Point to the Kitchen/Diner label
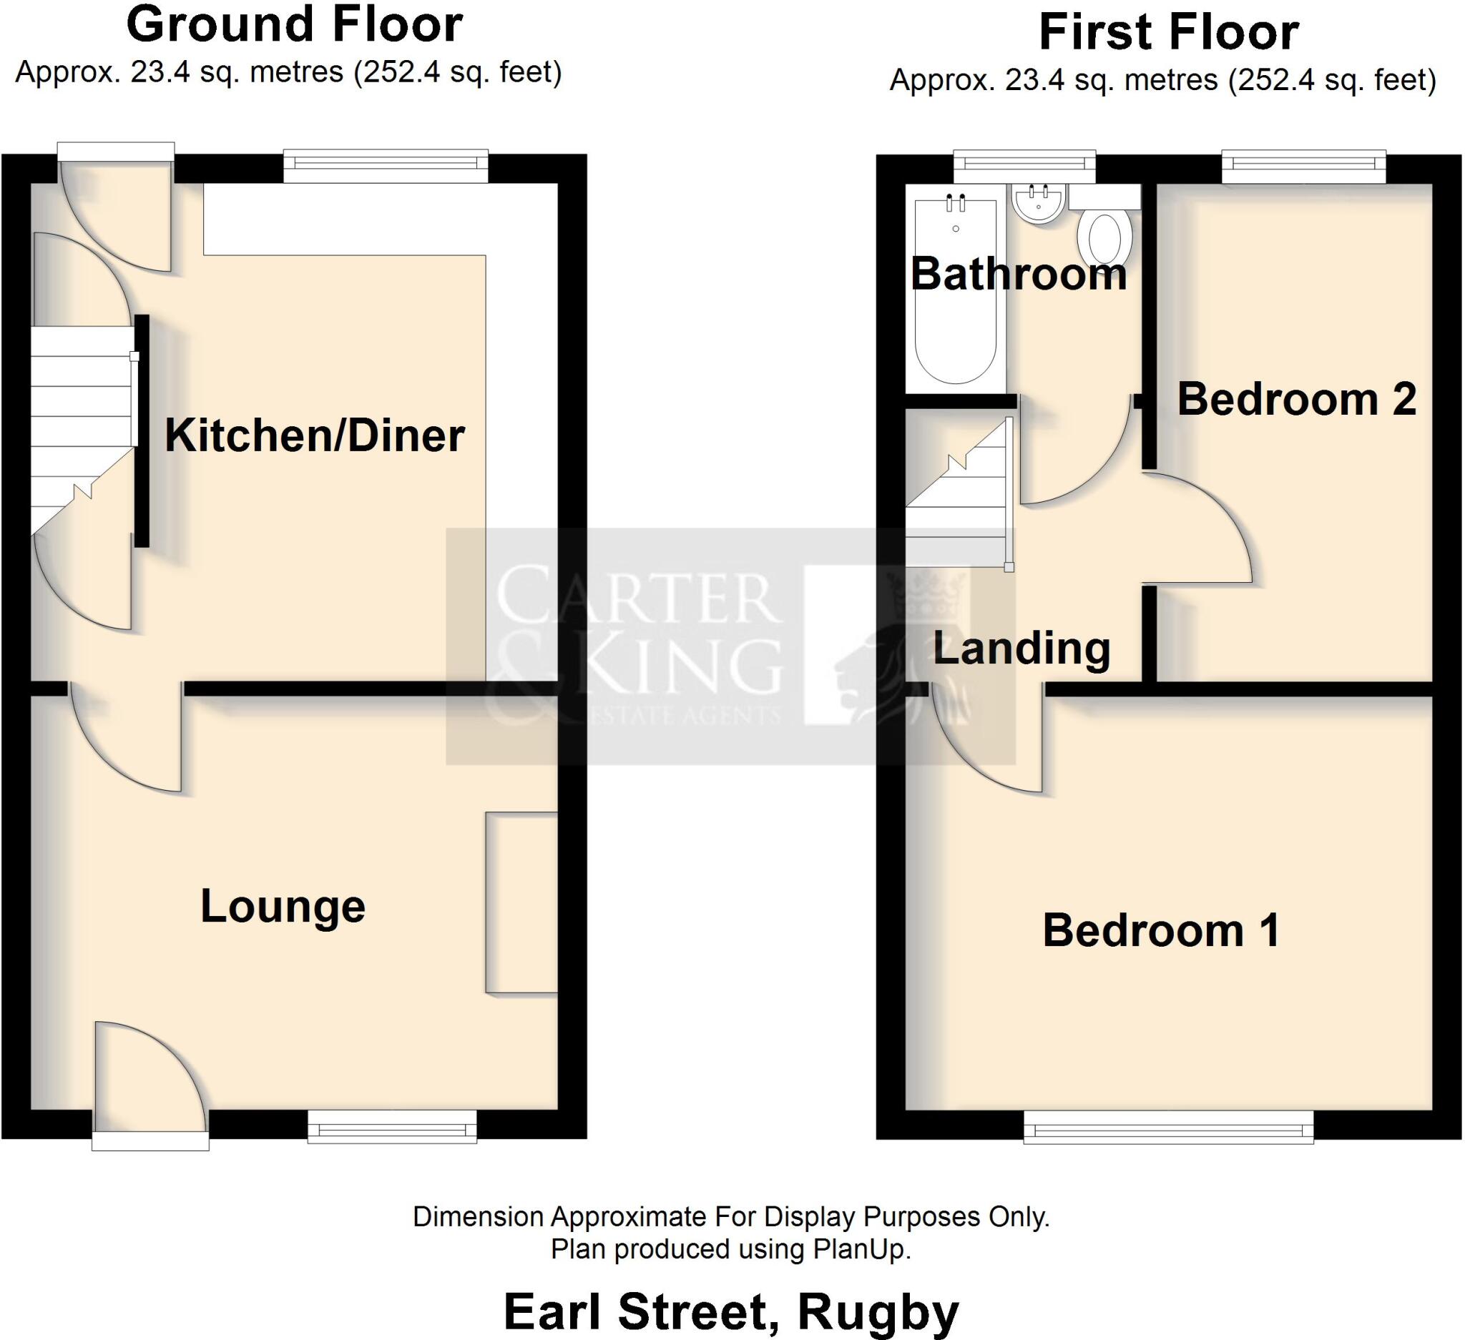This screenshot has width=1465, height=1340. (315, 435)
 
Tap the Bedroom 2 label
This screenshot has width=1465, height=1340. (1296, 400)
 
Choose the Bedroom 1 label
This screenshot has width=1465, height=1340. (1160, 930)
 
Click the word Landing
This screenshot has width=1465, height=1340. (1021, 648)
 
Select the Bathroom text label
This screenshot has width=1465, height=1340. (1018, 275)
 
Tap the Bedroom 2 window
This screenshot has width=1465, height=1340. (1303, 167)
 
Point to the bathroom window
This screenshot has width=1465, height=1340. (1024, 167)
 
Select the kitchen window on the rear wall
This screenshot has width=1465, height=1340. (385, 167)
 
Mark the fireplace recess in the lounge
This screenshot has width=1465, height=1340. (521, 902)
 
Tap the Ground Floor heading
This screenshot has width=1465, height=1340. (294, 26)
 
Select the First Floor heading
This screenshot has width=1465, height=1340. (1169, 34)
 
